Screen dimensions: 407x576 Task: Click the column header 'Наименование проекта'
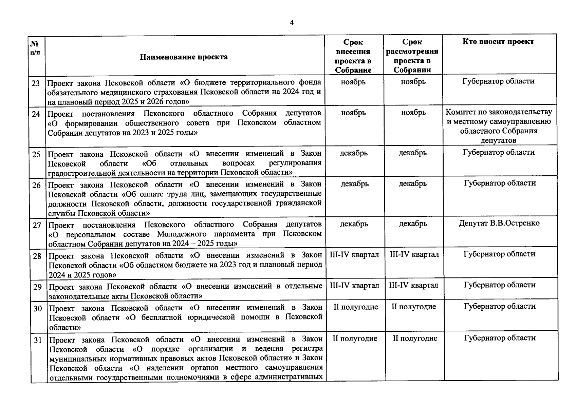click(184, 57)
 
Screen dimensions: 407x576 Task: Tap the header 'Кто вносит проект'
click(498, 42)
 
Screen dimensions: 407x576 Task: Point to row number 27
click(37, 225)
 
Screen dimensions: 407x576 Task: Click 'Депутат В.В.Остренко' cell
click(499, 223)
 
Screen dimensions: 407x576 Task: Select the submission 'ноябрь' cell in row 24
click(353, 113)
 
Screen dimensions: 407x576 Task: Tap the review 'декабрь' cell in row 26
click(412, 184)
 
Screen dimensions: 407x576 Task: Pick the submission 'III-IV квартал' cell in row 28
click(354, 255)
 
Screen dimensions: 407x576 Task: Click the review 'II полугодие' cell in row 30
click(414, 307)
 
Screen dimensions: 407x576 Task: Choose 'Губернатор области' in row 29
click(500, 285)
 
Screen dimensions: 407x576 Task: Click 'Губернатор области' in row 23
click(498, 81)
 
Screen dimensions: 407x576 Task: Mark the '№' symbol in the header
click(34, 44)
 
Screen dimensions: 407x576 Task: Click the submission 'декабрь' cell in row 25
click(353, 153)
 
